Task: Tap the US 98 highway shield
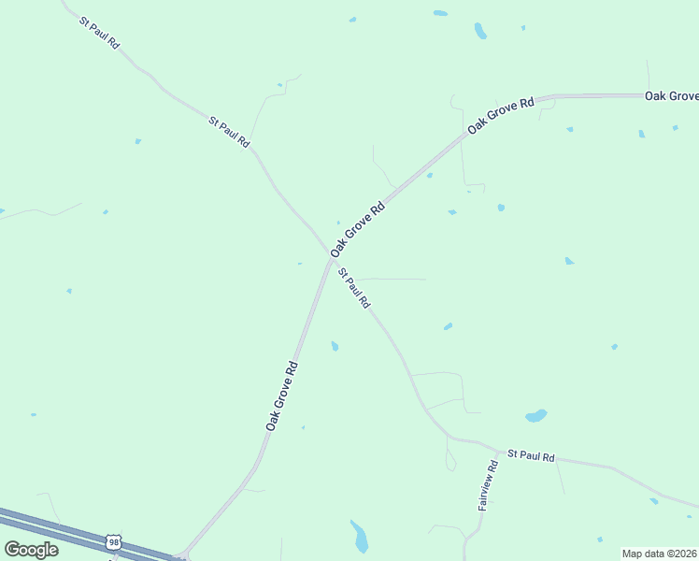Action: point(114,542)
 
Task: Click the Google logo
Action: point(31,550)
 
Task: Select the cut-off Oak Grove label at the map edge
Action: point(672,96)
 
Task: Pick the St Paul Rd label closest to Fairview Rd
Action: point(532,455)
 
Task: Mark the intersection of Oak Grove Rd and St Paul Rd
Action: point(331,258)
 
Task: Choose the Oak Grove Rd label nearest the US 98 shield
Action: point(281,396)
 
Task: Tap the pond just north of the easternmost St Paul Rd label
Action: point(535,415)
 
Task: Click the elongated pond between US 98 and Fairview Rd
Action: point(359,536)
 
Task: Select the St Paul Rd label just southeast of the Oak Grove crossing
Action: point(355,289)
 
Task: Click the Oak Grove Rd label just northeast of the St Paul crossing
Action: point(358,228)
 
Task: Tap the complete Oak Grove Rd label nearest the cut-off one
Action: point(501,113)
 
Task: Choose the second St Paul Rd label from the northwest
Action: point(230,131)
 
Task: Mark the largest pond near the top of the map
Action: point(480,31)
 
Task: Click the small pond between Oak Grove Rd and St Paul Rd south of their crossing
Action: point(335,346)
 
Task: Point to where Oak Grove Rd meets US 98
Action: point(183,554)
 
